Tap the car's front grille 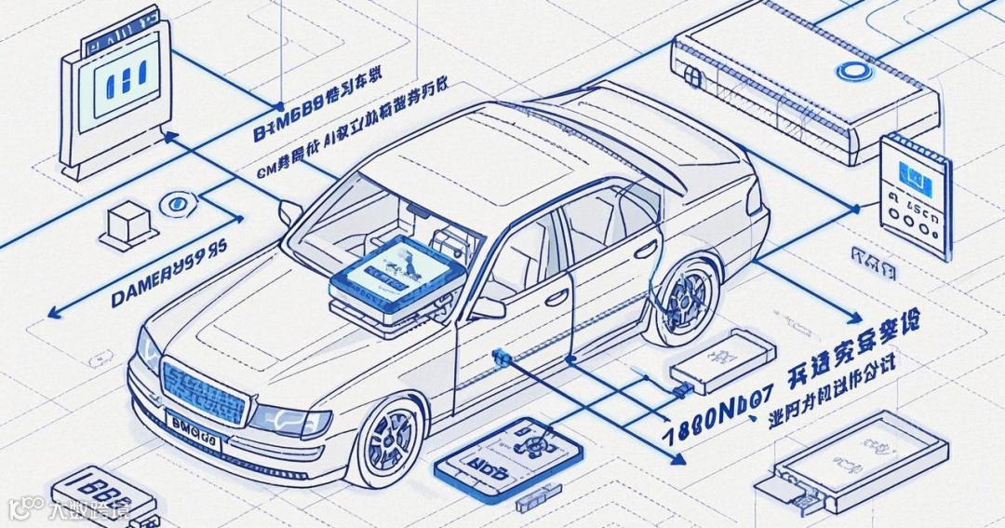[x=204, y=392]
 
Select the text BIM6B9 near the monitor [x=288, y=129]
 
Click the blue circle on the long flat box [x=850, y=71]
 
